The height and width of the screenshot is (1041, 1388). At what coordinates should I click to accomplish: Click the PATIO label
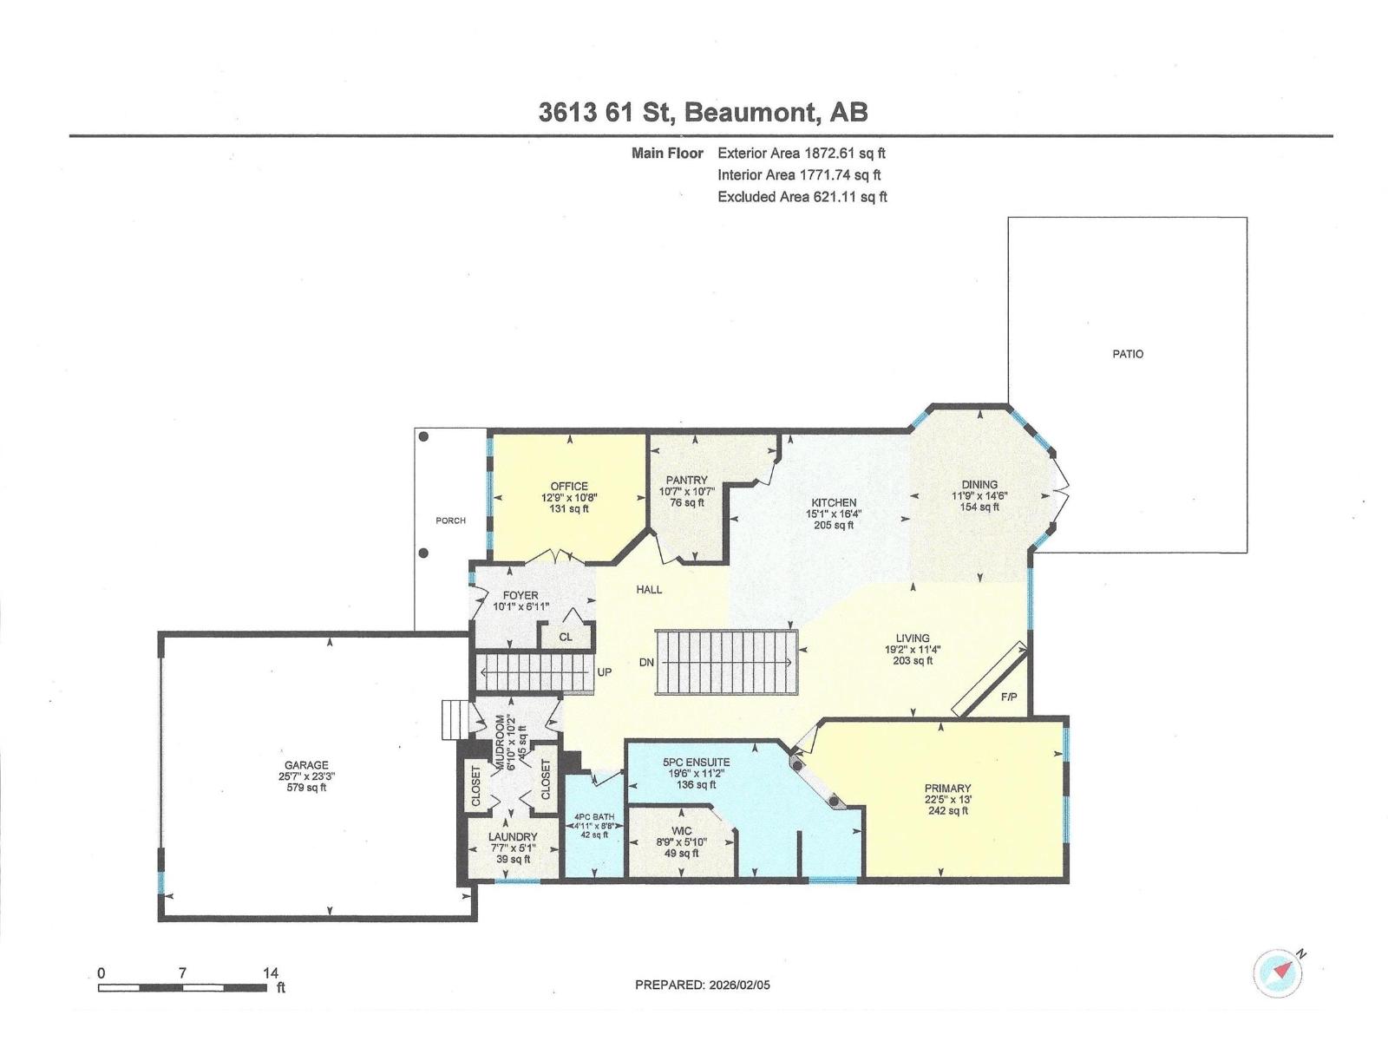click(x=1128, y=354)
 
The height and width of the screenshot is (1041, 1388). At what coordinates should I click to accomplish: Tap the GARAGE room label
click(x=309, y=765)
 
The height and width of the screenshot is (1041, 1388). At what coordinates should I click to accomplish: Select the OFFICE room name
click(x=569, y=486)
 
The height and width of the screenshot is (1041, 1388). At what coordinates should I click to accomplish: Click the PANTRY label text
click(x=686, y=480)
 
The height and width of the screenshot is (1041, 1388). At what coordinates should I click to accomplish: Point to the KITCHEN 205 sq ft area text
click(x=834, y=525)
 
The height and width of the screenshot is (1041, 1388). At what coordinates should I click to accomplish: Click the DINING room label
click(x=979, y=485)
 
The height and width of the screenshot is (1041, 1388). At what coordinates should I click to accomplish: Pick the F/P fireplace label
click(x=1008, y=697)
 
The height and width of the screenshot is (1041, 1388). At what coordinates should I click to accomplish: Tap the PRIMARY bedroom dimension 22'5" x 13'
click(x=947, y=800)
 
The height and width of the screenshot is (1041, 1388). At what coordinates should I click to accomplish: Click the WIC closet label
click(x=681, y=830)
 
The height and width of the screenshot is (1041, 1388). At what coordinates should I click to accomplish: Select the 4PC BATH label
click(x=594, y=817)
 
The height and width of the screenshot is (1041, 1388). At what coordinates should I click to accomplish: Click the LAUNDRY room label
click(x=513, y=837)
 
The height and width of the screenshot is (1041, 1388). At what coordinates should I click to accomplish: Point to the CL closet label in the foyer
click(x=566, y=637)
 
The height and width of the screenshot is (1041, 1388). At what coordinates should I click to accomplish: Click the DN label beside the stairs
click(x=646, y=663)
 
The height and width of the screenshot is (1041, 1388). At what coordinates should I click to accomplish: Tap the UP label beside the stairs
click(x=605, y=672)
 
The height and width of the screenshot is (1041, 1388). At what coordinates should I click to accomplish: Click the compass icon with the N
click(x=1278, y=973)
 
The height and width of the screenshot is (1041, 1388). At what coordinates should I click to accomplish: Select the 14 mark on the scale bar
click(x=271, y=973)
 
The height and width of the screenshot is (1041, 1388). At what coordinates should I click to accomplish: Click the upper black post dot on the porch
click(x=423, y=436)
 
